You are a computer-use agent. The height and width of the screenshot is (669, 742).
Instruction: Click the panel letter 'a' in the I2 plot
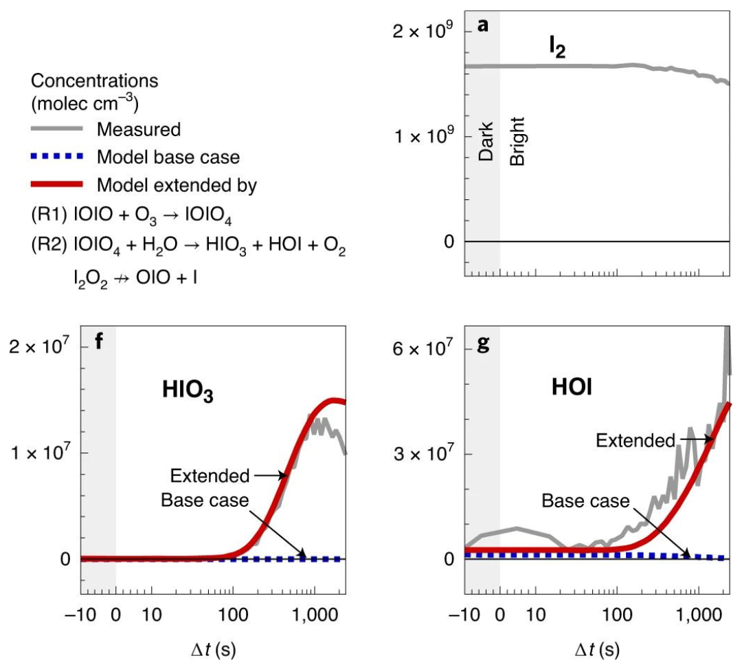(483, 26)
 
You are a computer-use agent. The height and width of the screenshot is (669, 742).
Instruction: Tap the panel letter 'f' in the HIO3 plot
(99, 341)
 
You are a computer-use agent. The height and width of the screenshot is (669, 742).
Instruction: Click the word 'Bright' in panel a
(517, 141)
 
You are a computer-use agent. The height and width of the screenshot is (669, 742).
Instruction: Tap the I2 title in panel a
(555, 49)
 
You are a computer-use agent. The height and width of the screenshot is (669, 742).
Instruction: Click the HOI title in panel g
(573, 388)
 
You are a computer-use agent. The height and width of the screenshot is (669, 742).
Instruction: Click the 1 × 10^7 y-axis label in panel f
(39, 454)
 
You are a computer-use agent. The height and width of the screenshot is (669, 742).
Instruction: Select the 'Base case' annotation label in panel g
(585, 501)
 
